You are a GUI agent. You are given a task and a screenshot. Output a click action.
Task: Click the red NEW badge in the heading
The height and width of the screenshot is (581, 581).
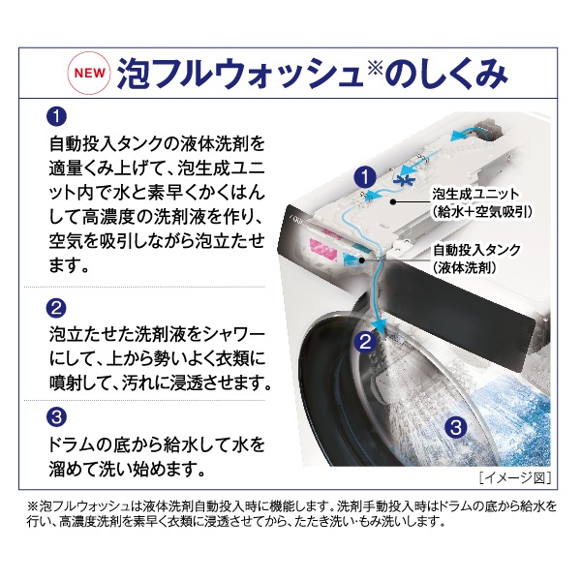[x=89, y=74]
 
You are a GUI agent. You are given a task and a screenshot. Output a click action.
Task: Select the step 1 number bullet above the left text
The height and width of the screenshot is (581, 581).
[x=56, y=117]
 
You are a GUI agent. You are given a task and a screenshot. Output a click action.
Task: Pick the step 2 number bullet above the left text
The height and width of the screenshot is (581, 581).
[x=56, y=308]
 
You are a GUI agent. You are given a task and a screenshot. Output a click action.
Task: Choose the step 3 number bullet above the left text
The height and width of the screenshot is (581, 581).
[x=56, y=416]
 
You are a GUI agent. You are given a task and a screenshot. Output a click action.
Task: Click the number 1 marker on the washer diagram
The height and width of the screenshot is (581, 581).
[x=365, y=176]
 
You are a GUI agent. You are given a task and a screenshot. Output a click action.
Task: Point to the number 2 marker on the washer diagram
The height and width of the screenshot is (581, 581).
[x=365, y=341]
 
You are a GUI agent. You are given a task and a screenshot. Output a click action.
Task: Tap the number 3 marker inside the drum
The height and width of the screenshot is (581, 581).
[x=455, y=427]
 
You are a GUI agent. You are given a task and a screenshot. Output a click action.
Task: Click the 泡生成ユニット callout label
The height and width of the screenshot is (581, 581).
[x=475, y=195]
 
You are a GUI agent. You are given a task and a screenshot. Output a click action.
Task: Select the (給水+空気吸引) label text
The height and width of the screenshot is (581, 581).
[x=481, y=211]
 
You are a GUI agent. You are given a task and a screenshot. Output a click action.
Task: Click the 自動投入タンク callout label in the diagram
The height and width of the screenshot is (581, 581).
[x=476, y=250]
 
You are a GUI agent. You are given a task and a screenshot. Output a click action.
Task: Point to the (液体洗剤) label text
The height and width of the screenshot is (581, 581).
[x=464, y=267]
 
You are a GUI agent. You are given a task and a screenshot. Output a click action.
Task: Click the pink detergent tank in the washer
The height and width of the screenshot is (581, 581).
[x=322, y=246]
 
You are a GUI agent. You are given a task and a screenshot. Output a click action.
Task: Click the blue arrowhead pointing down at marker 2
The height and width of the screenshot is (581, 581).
[x=379, y=325]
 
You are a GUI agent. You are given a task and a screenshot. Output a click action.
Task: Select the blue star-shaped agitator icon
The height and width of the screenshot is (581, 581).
[x=404, y=179]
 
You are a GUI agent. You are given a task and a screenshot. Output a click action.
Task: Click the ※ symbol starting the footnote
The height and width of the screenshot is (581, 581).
[x=32, y=505]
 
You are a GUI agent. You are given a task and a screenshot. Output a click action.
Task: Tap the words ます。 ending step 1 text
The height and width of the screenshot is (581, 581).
[x=70, y=265]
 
